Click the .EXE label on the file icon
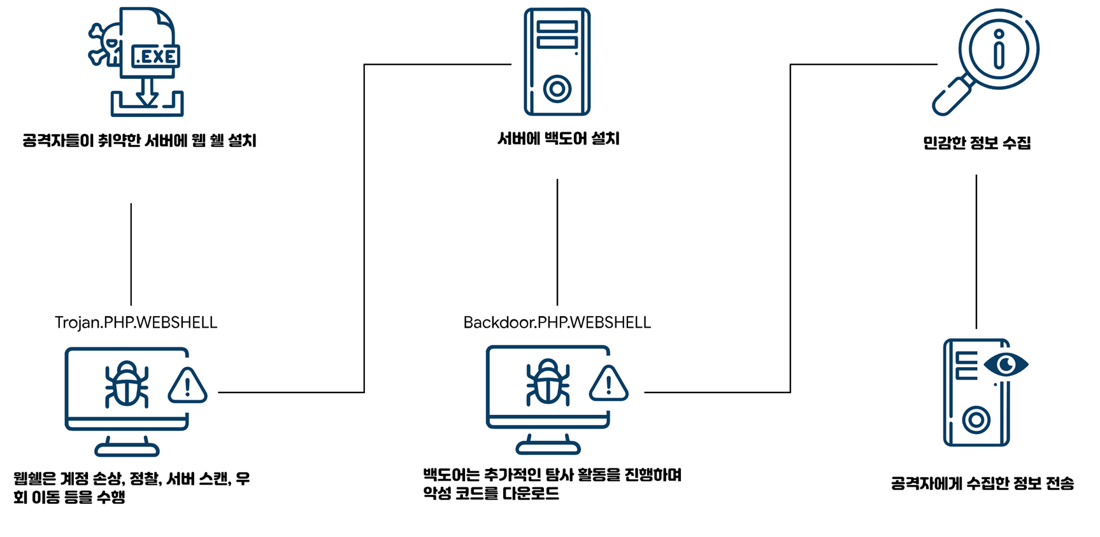pos(155,57)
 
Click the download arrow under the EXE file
pos(147,93)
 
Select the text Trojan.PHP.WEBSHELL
pos(136,323)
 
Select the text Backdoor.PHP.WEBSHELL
pos(557,323)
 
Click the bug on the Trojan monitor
pos(127,384)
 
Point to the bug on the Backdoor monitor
pos(548,382)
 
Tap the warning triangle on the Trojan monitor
pos(187,386)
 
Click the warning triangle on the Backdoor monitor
pos(608,384)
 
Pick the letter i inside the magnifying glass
pos(999,49)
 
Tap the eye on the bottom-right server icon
pos(1006,364)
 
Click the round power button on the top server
pos(557,88)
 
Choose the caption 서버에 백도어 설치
pos(558,139)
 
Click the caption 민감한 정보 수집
pos(976,143)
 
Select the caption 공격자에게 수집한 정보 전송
pos(982,484)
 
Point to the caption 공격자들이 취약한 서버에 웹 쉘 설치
pos(139,140)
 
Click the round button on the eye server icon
pos(976,420)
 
